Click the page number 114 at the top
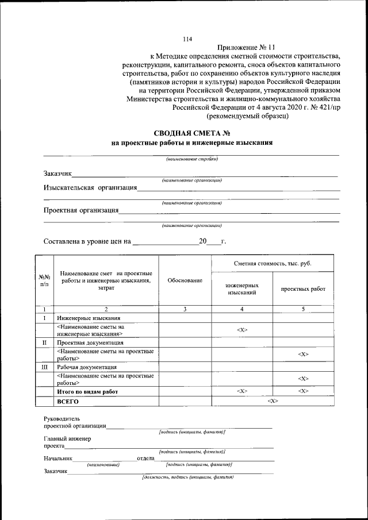point(187,39)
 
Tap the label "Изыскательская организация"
point(90,187)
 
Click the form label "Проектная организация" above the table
point(81,210)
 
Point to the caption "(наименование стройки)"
point(191,159)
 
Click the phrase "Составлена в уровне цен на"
point(87,242)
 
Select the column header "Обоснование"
point(185,280)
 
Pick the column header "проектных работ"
point(303,289)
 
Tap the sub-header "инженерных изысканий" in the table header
point(242,289)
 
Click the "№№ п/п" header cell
point(44,280)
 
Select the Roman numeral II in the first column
point(44,342)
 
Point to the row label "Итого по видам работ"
point(87,391)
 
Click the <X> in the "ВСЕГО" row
point(273,401)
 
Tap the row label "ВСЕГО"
point(68,401)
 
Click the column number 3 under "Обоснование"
point(185,310)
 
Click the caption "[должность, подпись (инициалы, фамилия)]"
point(188,477)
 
